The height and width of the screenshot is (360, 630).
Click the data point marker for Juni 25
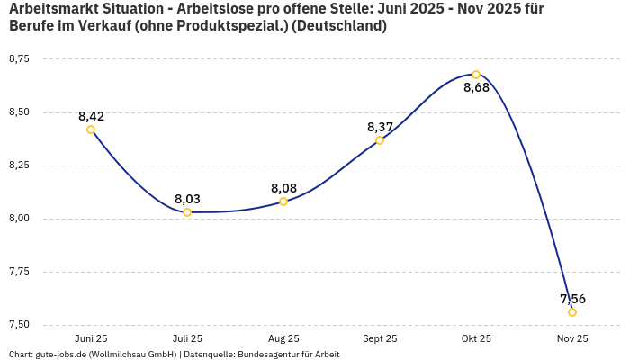click(91, 130)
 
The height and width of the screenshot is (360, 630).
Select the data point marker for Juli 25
click(187, 212)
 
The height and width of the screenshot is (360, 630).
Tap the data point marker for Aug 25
click(283, 202)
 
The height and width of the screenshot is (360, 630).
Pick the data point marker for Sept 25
click(380, 140)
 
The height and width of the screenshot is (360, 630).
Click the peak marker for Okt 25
click(476, 75)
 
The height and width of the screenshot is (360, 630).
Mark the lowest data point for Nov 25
click(572, 312)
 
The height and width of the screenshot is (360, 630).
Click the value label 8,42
click(91, 116)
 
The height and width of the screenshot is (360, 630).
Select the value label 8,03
click(187, 199)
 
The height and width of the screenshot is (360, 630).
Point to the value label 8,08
click(283, 188)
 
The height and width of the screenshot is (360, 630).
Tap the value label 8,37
click(380, 127)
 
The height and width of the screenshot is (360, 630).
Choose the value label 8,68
click(476, 88)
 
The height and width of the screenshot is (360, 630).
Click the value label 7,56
click(572, 299)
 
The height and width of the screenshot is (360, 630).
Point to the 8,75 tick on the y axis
click(19, 59)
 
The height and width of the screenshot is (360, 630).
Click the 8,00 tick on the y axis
click(19, 219)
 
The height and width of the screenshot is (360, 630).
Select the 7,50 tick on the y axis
click(19, 325)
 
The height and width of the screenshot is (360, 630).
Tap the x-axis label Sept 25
click(380, 338)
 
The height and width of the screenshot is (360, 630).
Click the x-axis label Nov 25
click(572, 338)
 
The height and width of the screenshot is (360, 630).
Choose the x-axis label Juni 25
click(91, 338)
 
